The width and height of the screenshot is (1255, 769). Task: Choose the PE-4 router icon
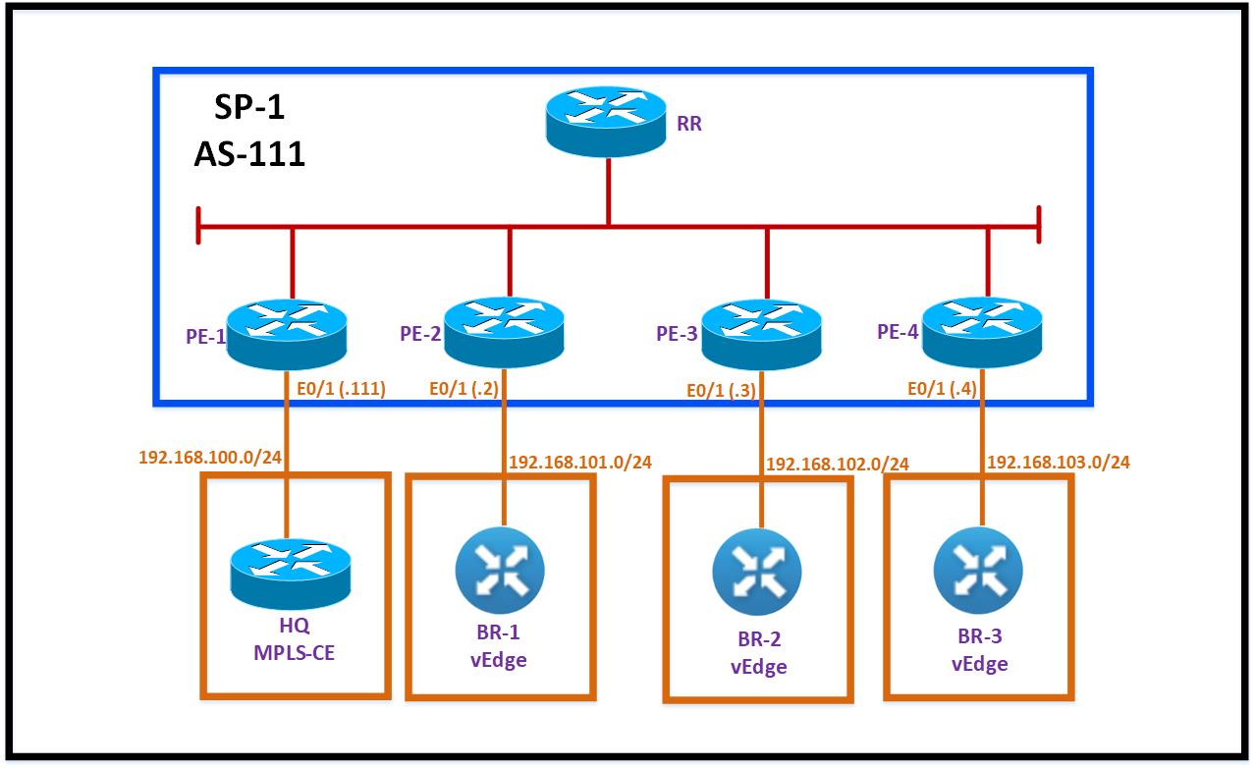[x=982, y=330]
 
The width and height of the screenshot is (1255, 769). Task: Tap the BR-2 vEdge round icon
[x=757, y=572]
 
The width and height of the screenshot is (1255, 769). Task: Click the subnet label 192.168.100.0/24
[x=210, y=458]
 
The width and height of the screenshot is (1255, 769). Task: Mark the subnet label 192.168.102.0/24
[x=838, y=464]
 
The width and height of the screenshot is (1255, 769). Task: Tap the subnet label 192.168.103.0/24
[x=1059, y=462]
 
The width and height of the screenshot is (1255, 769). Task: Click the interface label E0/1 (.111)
[x=341, y=388]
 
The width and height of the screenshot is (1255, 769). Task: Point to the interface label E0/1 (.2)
[x=465, y=388]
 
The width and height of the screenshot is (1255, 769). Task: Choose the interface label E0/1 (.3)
[x=722, y=390]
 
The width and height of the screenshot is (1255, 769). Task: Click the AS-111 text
[x=249, y=153]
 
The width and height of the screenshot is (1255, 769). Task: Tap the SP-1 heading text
[x=249, y=106]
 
